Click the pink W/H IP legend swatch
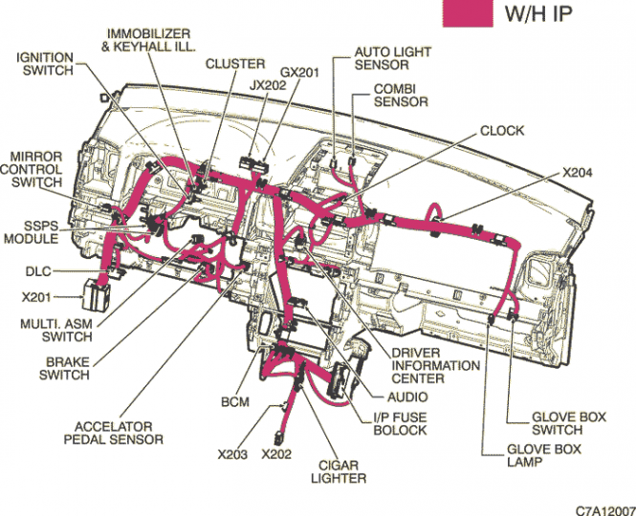point(467,12)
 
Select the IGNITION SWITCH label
point(44,64)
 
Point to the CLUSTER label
point(234,64)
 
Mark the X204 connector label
point(578,173)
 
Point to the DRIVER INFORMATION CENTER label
point(435,366)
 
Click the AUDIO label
point(407,397)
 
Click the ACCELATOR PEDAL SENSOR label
point(114,433)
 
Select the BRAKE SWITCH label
point(65,369)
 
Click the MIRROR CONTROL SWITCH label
point(36,168)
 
